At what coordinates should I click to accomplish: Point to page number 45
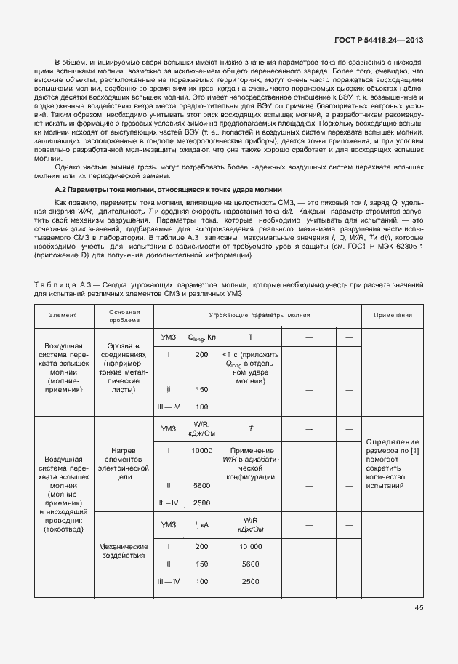tap(419, 607)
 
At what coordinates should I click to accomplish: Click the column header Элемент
tap(64, 316)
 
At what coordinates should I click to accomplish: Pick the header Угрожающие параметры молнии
tap(259, 316)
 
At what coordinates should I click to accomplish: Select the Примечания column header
tap(393, 316)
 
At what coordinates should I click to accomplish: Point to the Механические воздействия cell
tap(124, 551)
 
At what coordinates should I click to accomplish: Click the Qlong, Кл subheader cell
tap(201, 337)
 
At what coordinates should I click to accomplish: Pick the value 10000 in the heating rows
tap(201, 450)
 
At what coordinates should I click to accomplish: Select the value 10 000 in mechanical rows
tap(250, 546)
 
